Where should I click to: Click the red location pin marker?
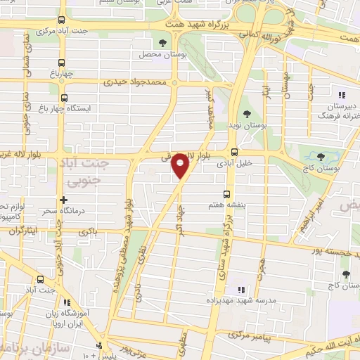tap(181, 167)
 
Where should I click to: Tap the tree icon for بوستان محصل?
tap(163, 44)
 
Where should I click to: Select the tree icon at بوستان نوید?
tap(246, 114)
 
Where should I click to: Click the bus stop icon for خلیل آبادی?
tap(234, 151)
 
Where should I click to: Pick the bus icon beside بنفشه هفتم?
tap(226, 193)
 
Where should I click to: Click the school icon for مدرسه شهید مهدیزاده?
tap(240, 290)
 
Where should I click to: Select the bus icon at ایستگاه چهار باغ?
tap(65, 98)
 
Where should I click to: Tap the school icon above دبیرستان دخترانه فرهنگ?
tap(342, 96)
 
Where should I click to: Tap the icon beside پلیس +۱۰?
tap(99, 345)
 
